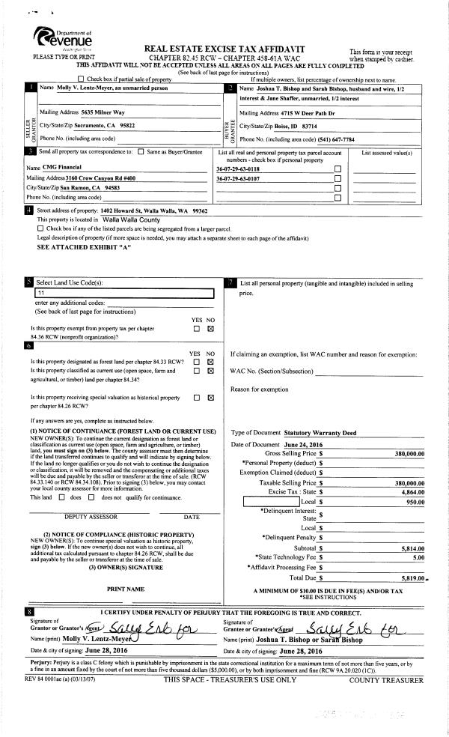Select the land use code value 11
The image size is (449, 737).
pyautogui.click(x=31, y=294)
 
